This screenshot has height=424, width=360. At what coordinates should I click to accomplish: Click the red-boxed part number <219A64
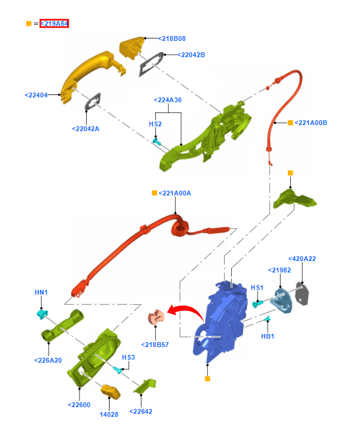(54, 23)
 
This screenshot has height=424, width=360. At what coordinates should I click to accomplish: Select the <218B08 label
(172, 38)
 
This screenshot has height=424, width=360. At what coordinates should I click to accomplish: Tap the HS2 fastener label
(155, 124)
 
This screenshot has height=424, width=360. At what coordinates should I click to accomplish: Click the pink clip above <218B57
(156, 317)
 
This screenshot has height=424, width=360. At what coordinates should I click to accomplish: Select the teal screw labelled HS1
(258, 304)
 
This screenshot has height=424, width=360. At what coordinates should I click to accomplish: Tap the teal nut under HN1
(42, 314)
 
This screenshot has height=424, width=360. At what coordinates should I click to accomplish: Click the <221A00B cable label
(311, 123)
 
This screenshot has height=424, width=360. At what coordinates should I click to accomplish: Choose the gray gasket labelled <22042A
(93, 102)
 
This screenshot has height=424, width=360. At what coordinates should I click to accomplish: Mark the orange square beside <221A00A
(155, 193)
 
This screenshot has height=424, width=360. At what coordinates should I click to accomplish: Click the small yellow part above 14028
(110, 392)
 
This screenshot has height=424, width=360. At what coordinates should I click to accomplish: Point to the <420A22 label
(302, 259)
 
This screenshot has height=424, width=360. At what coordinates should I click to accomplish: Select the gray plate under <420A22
(302, 293)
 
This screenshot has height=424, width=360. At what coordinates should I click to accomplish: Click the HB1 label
(268, 336)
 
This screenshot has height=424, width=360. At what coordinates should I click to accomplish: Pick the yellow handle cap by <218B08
(132, 48)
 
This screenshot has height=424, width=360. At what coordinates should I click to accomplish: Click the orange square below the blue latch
(208, 378)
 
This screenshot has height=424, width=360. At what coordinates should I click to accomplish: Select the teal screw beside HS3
(118, 370)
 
